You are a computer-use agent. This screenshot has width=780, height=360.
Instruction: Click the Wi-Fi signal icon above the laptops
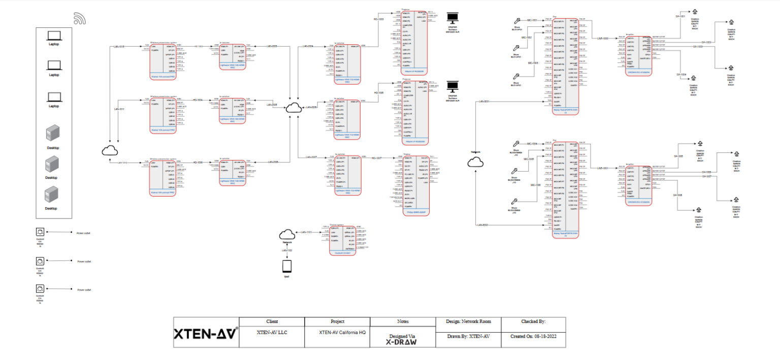(x=80, y=18)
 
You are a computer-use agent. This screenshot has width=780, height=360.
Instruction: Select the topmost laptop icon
(x=53, y=36)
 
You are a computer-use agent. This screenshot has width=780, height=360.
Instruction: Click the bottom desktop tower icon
(x=52, y=195)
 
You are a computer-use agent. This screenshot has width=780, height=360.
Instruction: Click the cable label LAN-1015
(x=119, y=46)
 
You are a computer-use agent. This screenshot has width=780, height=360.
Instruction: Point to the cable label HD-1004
(x=198, y=100)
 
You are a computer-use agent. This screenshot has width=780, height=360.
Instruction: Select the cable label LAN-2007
(x=311, y=157)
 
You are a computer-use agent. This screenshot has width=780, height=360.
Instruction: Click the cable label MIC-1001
(x=532, y=20)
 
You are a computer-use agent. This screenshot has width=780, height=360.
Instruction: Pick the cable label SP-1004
(x=681, y=75)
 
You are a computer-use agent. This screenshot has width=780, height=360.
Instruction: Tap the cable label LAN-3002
(x=482, y=224)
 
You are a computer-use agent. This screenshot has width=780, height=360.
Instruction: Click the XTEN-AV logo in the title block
(x=206, y=334)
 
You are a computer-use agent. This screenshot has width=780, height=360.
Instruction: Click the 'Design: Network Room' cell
(x=469, y=321)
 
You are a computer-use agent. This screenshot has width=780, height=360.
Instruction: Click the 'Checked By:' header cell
(x=533, y=321)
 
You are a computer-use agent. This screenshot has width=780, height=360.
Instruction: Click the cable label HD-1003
(x=378, y=19)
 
